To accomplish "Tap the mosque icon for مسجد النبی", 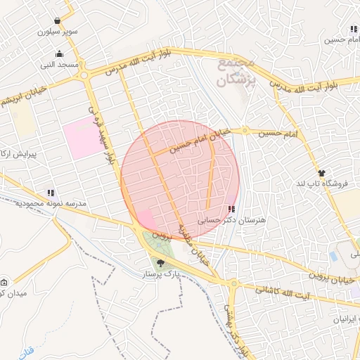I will pyautogui.click(x=60, y=54).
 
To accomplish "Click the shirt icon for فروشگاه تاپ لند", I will pyautogui.click(x=321, y=173).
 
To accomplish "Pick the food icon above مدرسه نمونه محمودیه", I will pyautogui.click(x=50, y=192).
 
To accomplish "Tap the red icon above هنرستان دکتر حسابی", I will pyautogui.click(x=232, y=209).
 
